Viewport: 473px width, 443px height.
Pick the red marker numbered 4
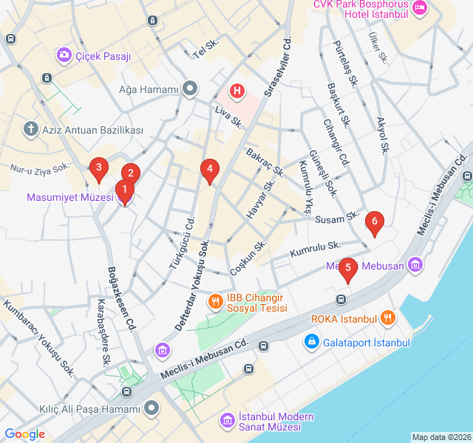(210, 170)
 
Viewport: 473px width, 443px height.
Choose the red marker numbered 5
(348, 269)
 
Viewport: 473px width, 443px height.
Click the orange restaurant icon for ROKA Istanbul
(387, 319)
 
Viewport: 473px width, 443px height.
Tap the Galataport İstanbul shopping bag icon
(311, 343)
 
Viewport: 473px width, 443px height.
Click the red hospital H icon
(236, 92)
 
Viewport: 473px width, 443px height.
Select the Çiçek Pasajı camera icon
(64, 55)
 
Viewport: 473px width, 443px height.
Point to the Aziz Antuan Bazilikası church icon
(31, 130)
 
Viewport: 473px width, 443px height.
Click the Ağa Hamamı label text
(149, 90)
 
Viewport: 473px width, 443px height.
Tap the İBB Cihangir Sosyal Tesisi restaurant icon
(215, 301)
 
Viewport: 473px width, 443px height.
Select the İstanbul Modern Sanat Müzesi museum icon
(227, 421)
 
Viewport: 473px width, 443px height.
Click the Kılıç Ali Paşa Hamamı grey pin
(152, 408)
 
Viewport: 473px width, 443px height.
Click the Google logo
(25, 434)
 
